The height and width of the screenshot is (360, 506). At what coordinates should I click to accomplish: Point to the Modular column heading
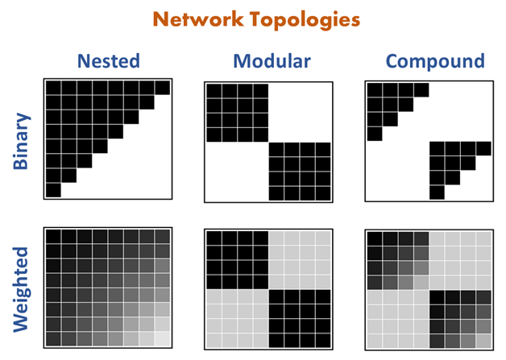(x=268, y=61)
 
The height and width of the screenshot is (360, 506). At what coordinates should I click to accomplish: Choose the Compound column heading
(x=435, y=61)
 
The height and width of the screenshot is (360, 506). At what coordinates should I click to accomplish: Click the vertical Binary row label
(x=23, y=141)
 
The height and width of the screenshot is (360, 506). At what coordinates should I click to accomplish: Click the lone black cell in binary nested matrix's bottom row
(x=53, y=191)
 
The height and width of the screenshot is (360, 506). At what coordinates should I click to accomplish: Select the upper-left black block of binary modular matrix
(x=237, y=111)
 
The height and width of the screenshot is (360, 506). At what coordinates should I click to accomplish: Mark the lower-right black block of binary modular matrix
(x=299, y=172)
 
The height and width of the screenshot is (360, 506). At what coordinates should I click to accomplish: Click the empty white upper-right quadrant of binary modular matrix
(x=299, y=111)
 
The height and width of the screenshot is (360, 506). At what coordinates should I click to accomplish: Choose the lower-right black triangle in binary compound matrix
(x=450, y=161)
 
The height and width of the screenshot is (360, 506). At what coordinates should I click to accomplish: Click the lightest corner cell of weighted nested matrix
(x=163, y=338)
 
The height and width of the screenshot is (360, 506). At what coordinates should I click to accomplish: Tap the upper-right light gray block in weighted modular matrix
(x=299, y=260)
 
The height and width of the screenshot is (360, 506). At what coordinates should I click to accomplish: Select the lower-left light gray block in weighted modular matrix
(x=237, y=319)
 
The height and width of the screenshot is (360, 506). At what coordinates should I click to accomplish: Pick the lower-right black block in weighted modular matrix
(x=299, y=319)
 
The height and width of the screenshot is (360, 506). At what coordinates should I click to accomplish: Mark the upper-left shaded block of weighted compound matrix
(x=397, y=260)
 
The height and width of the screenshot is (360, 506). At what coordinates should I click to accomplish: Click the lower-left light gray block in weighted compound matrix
(x=397, y=319)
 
